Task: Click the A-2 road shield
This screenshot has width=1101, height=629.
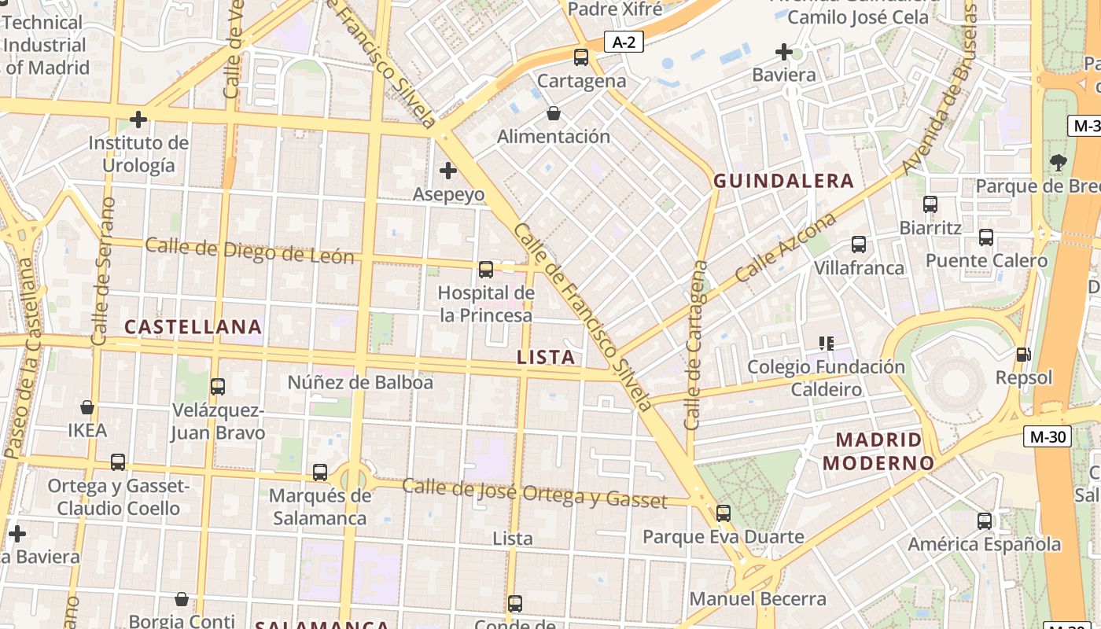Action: click(x=624, y=42)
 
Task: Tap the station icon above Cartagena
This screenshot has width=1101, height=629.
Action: click(x=581, y=57)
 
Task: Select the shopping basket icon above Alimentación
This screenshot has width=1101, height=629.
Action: click(x=554, y=113)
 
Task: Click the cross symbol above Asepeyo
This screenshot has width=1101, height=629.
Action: click(x=448, y=171)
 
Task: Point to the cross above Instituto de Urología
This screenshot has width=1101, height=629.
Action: click(x=138, y=120)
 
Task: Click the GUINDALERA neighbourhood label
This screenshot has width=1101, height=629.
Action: click(x=783, y=181)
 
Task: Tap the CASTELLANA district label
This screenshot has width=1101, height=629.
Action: click(x=193, y=327)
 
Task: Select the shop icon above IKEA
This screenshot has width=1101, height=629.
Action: click(x=87, y=407)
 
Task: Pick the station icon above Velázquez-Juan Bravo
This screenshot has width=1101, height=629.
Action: click(x=218, y=387)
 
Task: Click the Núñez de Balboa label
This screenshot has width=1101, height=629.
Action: click(x=360, y=383)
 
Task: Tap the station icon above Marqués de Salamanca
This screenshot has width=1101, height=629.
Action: click(x=320, y=473)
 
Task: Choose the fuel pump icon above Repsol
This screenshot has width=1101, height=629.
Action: click(x=1023, y=355)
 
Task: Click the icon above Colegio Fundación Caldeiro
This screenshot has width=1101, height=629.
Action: click(x=826, y=344)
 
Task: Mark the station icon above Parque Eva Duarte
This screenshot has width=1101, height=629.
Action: click(x=724, y=513)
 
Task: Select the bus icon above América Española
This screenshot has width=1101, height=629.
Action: click(x=985, y=520)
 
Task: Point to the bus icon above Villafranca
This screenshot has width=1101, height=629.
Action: click(x=859, y=245)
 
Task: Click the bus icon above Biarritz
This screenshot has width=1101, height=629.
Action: click(x=930, y=204)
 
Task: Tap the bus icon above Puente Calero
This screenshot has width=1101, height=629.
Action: click(x=986, y=237)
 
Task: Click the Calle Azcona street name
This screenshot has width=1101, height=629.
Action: click(x=786, y=248)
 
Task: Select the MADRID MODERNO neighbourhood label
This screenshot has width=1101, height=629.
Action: click(x=878, y=451)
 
